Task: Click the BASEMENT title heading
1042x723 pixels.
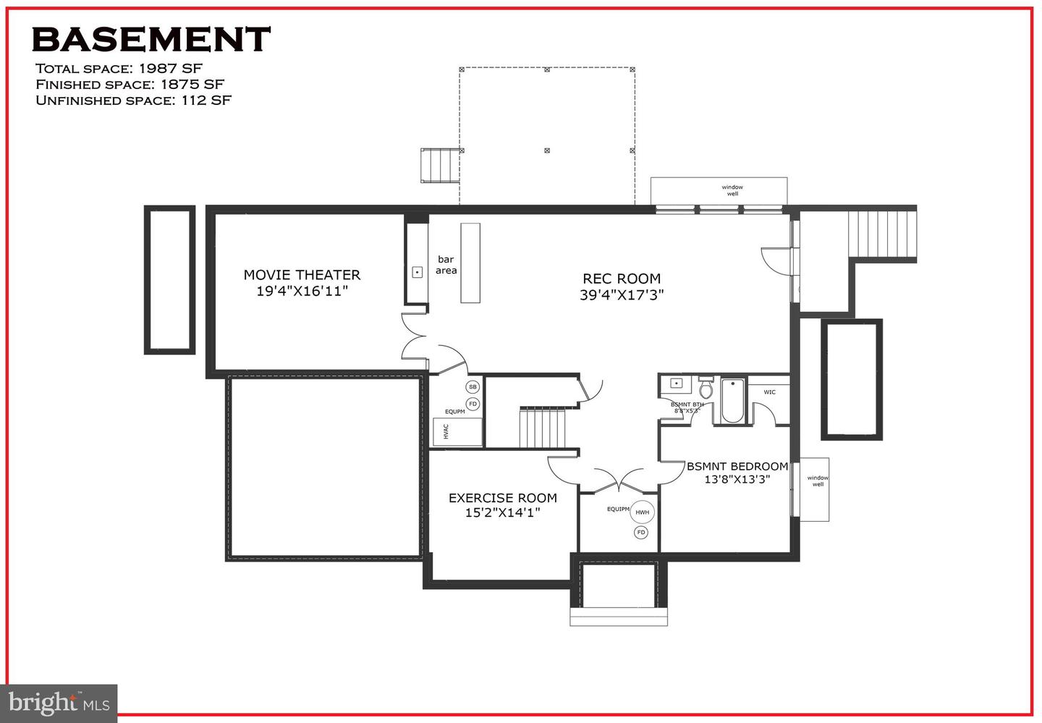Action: [x=151, y=39]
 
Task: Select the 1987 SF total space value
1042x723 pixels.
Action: [x=171, y=69]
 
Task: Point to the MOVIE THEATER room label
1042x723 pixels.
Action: [x=302, y=275]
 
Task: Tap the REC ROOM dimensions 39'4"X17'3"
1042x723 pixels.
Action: [x=622, y=295]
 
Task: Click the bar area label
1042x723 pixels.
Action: [x=446, y=265]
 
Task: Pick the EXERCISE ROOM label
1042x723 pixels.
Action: [x=502, y=498]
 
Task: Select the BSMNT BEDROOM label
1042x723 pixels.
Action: [x=737, y=467]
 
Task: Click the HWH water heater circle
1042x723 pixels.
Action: [x=643, y=512]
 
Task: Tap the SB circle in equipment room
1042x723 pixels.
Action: [x=473, y=387]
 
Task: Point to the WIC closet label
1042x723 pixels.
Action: [x=769, y=392]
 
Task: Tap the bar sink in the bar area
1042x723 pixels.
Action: [x=418, y=272]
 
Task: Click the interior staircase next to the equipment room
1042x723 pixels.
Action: [x=542, y=428]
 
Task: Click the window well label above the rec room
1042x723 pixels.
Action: [x=732, y=190]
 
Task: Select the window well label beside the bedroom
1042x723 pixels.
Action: [x=818, y=481]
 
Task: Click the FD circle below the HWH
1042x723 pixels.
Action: [x=640, y=533]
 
